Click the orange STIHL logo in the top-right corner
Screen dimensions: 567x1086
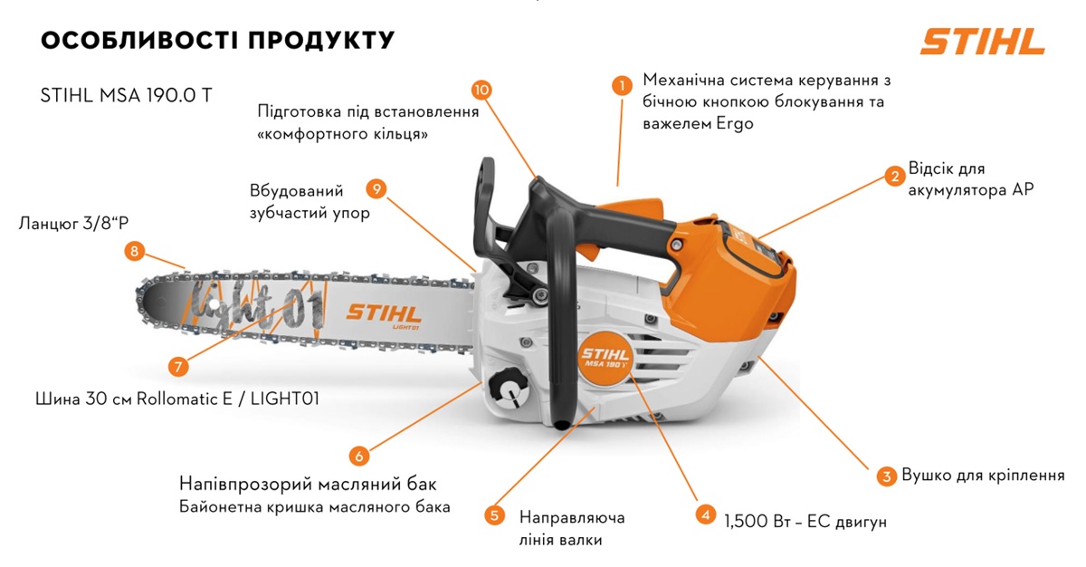click(982, 41)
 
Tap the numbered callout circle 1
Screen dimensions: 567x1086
click(621, 86)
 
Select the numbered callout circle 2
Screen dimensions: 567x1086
click(893, 176)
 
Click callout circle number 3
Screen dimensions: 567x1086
click(885, 476)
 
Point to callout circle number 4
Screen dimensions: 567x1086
click(705, 514)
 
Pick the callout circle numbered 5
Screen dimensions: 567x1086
click(494, 515)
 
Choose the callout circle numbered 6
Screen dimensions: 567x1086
click(357, 455)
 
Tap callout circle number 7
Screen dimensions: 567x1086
click(178, 367)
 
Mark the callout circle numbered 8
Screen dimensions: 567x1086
click(135, 252)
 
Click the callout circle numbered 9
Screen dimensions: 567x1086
click(377, 188)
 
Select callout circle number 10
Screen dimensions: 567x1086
click(481, 90)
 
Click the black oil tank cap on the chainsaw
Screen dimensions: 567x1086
click(508, 389)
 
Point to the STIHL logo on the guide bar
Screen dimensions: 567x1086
click(384, 314)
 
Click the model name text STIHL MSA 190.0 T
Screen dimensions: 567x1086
click(127, 95)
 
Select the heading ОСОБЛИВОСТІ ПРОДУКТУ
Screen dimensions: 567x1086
click(217, 41)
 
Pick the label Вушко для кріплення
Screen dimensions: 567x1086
click(982, 476)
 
